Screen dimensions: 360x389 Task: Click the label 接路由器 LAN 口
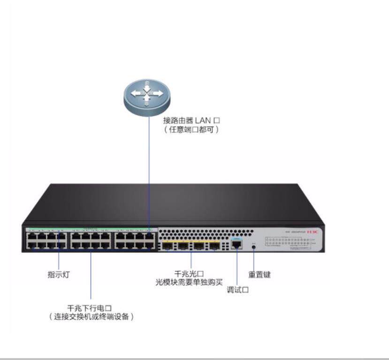pyautogui.click(x=191, y=120)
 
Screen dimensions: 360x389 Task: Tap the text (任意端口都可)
pyautogui.click(x=191, y=129)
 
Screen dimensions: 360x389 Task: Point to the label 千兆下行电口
pyautogui.click(x=90, y=308)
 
